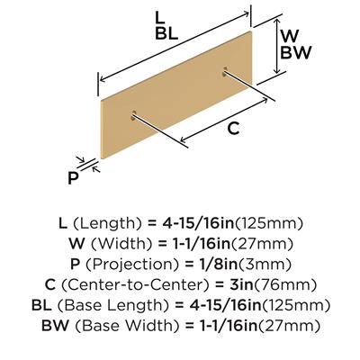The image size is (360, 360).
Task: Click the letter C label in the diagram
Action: coord(233,129)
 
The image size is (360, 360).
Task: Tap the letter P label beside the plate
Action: coord(73,178)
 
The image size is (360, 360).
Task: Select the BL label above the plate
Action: coord(166,34)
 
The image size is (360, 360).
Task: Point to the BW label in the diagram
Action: coord(295,52)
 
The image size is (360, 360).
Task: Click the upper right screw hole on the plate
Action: coord(225,71)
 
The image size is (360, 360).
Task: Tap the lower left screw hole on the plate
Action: coord(133,115)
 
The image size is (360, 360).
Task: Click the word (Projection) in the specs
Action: coord(133,265)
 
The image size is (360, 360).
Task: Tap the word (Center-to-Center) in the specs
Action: coord(135,285)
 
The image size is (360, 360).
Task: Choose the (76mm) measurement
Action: coord(284,285)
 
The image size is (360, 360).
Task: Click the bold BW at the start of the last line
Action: coord(55,325)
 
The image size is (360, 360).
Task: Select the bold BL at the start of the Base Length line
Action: coord(41,305)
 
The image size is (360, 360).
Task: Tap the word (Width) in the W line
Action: coord(122,244)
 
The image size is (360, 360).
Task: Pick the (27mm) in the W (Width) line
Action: coord(261,244)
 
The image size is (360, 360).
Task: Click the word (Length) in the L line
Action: coord(107,223)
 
